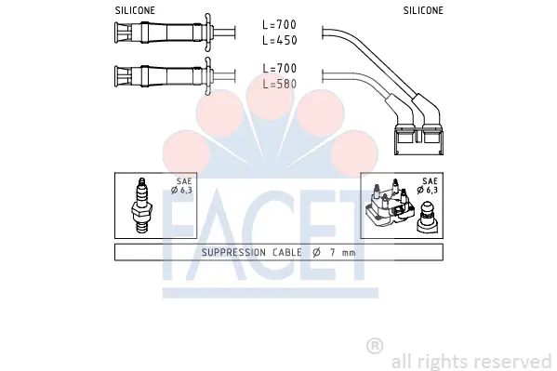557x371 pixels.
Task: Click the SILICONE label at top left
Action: pyautogui.click(x=135, y=10)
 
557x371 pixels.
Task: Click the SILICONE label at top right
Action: pyautogui.click(x=423, y=10)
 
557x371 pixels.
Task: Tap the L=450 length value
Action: pyautogui.click(x=280, y=40)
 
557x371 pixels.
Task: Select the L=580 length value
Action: pyautogui.click(x=280, y=84)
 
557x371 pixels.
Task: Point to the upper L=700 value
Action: pyautogui.click(x=280, y=24)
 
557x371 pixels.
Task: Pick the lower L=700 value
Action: pyautogui.click(x=280, y=68)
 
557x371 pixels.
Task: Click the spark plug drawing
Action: pyautogui.click(x=141, y=205)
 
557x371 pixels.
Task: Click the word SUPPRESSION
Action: pyautogui.click(x=233, y=252)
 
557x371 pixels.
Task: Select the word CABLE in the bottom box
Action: pyautogui.click(x=287, y=252)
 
